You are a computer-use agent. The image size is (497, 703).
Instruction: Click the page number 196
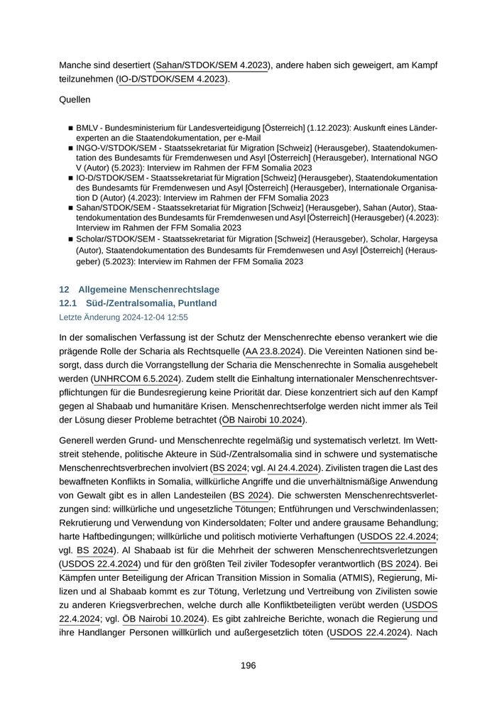(248, 665)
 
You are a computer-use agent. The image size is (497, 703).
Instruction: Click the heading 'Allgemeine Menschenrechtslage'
(148, 290)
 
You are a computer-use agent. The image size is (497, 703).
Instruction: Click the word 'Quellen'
(75, 100)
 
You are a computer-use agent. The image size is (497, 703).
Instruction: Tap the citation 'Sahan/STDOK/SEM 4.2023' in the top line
(212, 65)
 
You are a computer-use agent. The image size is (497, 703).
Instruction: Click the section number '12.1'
(67, 303)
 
